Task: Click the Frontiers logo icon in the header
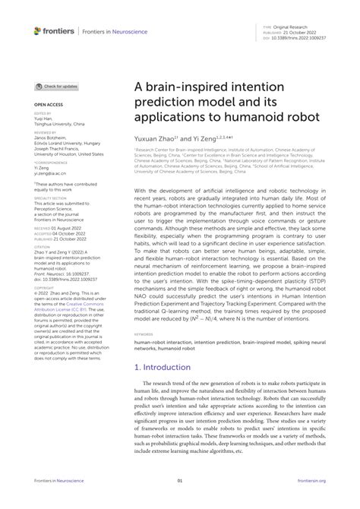click(x=38, y=31)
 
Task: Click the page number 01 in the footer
click(x=180, y=480)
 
